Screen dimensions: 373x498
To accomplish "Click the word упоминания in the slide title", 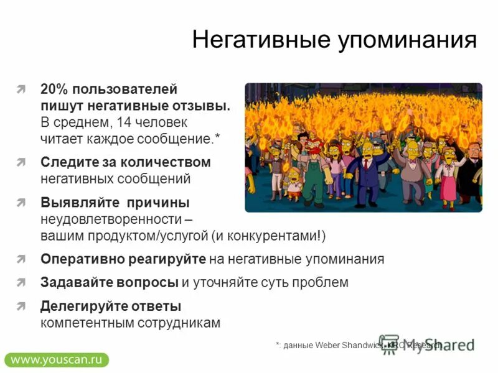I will coord(407,41).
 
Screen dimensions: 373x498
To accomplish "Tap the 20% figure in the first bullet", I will coord(54,90).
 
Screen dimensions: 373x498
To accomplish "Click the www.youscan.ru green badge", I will coord(56,359).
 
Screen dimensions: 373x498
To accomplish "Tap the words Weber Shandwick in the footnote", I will coord(345,345).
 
